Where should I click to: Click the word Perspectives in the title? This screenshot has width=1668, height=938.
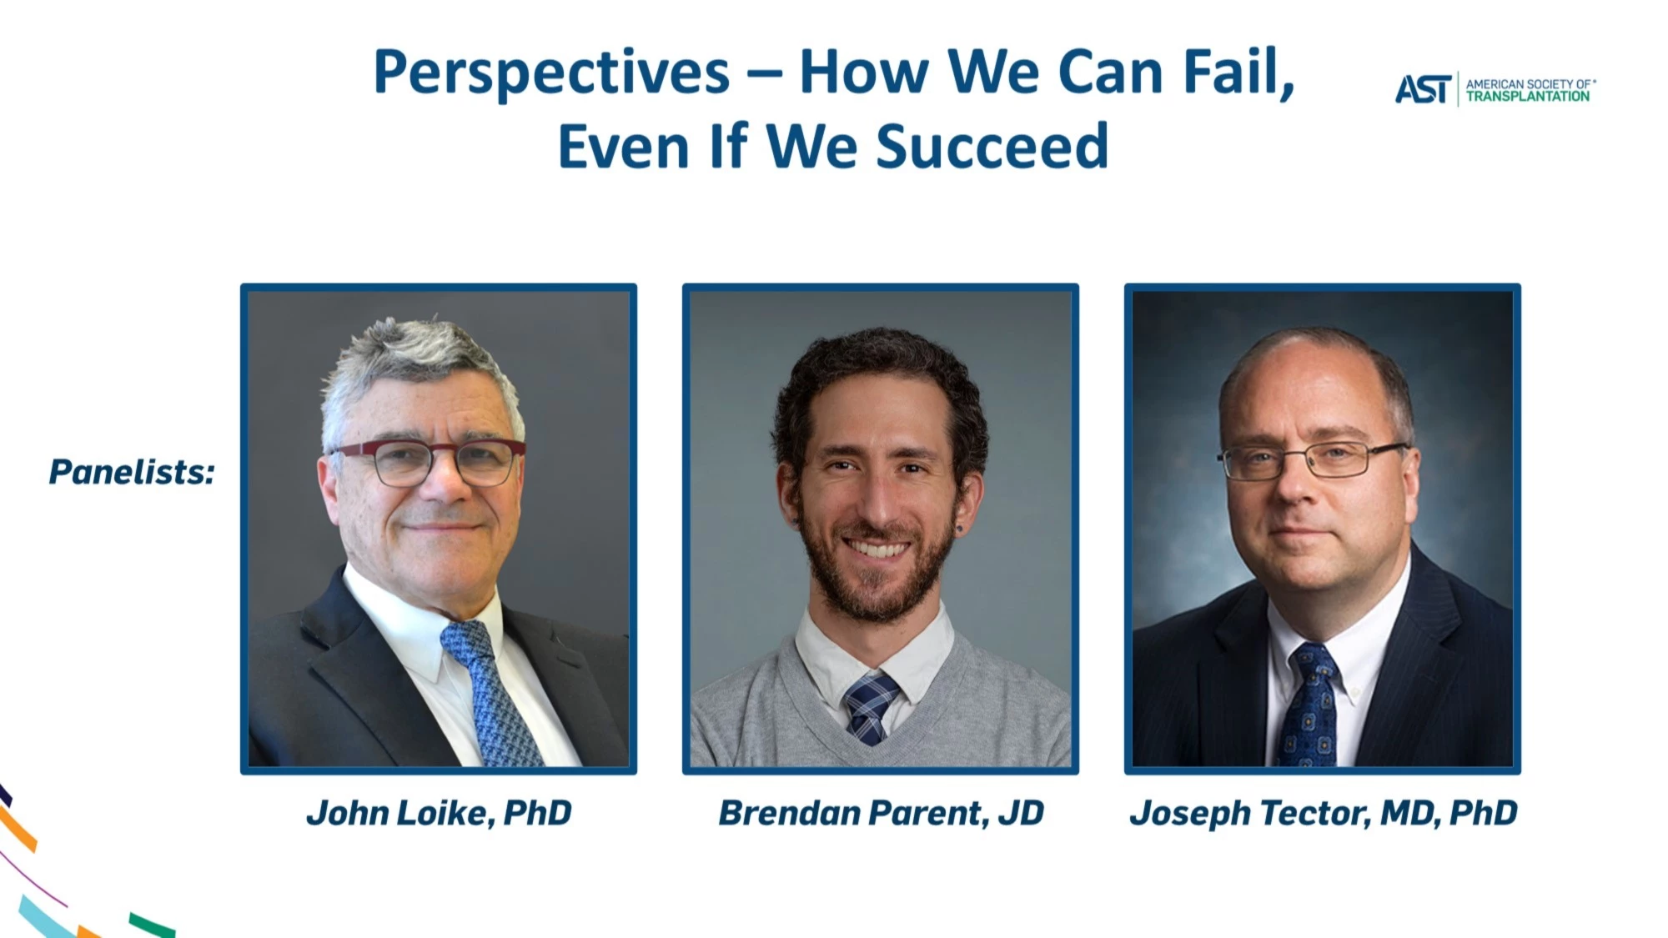[x=551, y=73]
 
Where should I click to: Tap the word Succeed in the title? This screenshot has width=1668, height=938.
[x=992, y=147]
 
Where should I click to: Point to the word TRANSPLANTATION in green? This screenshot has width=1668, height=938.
[x=1528, y=97]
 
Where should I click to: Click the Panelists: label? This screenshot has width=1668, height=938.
[x=132, y=472]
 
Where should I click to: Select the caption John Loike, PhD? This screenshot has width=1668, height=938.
[x=439, y=813]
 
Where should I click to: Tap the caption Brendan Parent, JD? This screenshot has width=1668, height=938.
[x=881, y=813]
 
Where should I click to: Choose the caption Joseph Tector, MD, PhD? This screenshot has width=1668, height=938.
[x=1323, y=813]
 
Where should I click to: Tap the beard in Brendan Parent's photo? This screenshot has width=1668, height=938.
[x=877, y=571]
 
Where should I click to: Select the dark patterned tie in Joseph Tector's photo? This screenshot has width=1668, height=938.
[x=1310, y=705]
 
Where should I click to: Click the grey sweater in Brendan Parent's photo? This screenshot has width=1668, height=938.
[x=881, y=717]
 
